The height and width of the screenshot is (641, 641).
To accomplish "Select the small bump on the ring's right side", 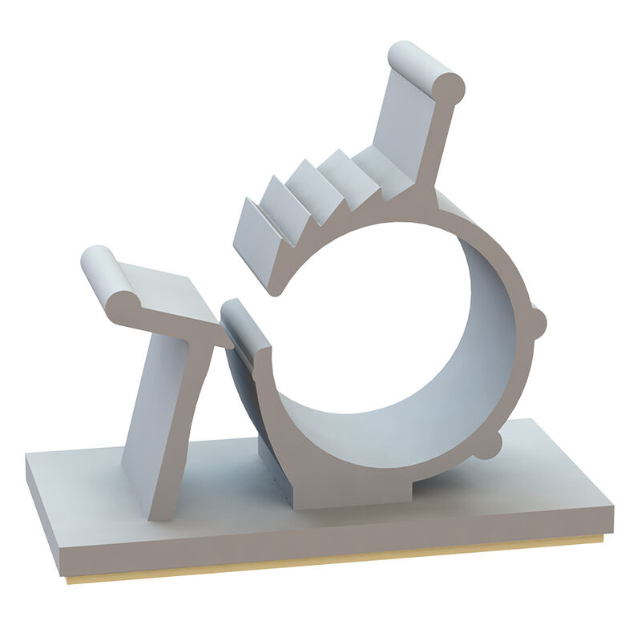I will [538, 323].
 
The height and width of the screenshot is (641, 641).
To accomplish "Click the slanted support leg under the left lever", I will [164, 425].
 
